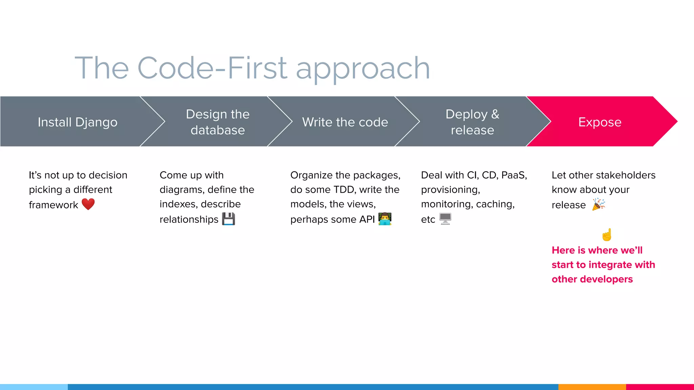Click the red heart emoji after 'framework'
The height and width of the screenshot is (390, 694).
pos(88,204)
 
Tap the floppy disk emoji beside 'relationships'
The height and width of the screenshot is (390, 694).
pos(228,219)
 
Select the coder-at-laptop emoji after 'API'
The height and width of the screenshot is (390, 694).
pos(385,219)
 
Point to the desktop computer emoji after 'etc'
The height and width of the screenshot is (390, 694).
pos(445,219)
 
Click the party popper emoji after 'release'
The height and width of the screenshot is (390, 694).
pos(598,204)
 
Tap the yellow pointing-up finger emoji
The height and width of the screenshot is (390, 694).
pos(607,235)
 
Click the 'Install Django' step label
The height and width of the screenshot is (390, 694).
pos(78,122)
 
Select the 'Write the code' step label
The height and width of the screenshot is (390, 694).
pos(345,122)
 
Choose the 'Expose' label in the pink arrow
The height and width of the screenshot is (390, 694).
pos(600,122)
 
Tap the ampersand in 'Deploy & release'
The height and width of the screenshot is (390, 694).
pos(495,114)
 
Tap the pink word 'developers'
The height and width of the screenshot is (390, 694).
pos(611,279)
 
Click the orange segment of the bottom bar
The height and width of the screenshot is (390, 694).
pos(592,387)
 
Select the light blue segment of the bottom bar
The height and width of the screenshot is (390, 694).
pos(34,387)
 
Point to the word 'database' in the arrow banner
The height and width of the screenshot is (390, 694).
pos(218,130)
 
